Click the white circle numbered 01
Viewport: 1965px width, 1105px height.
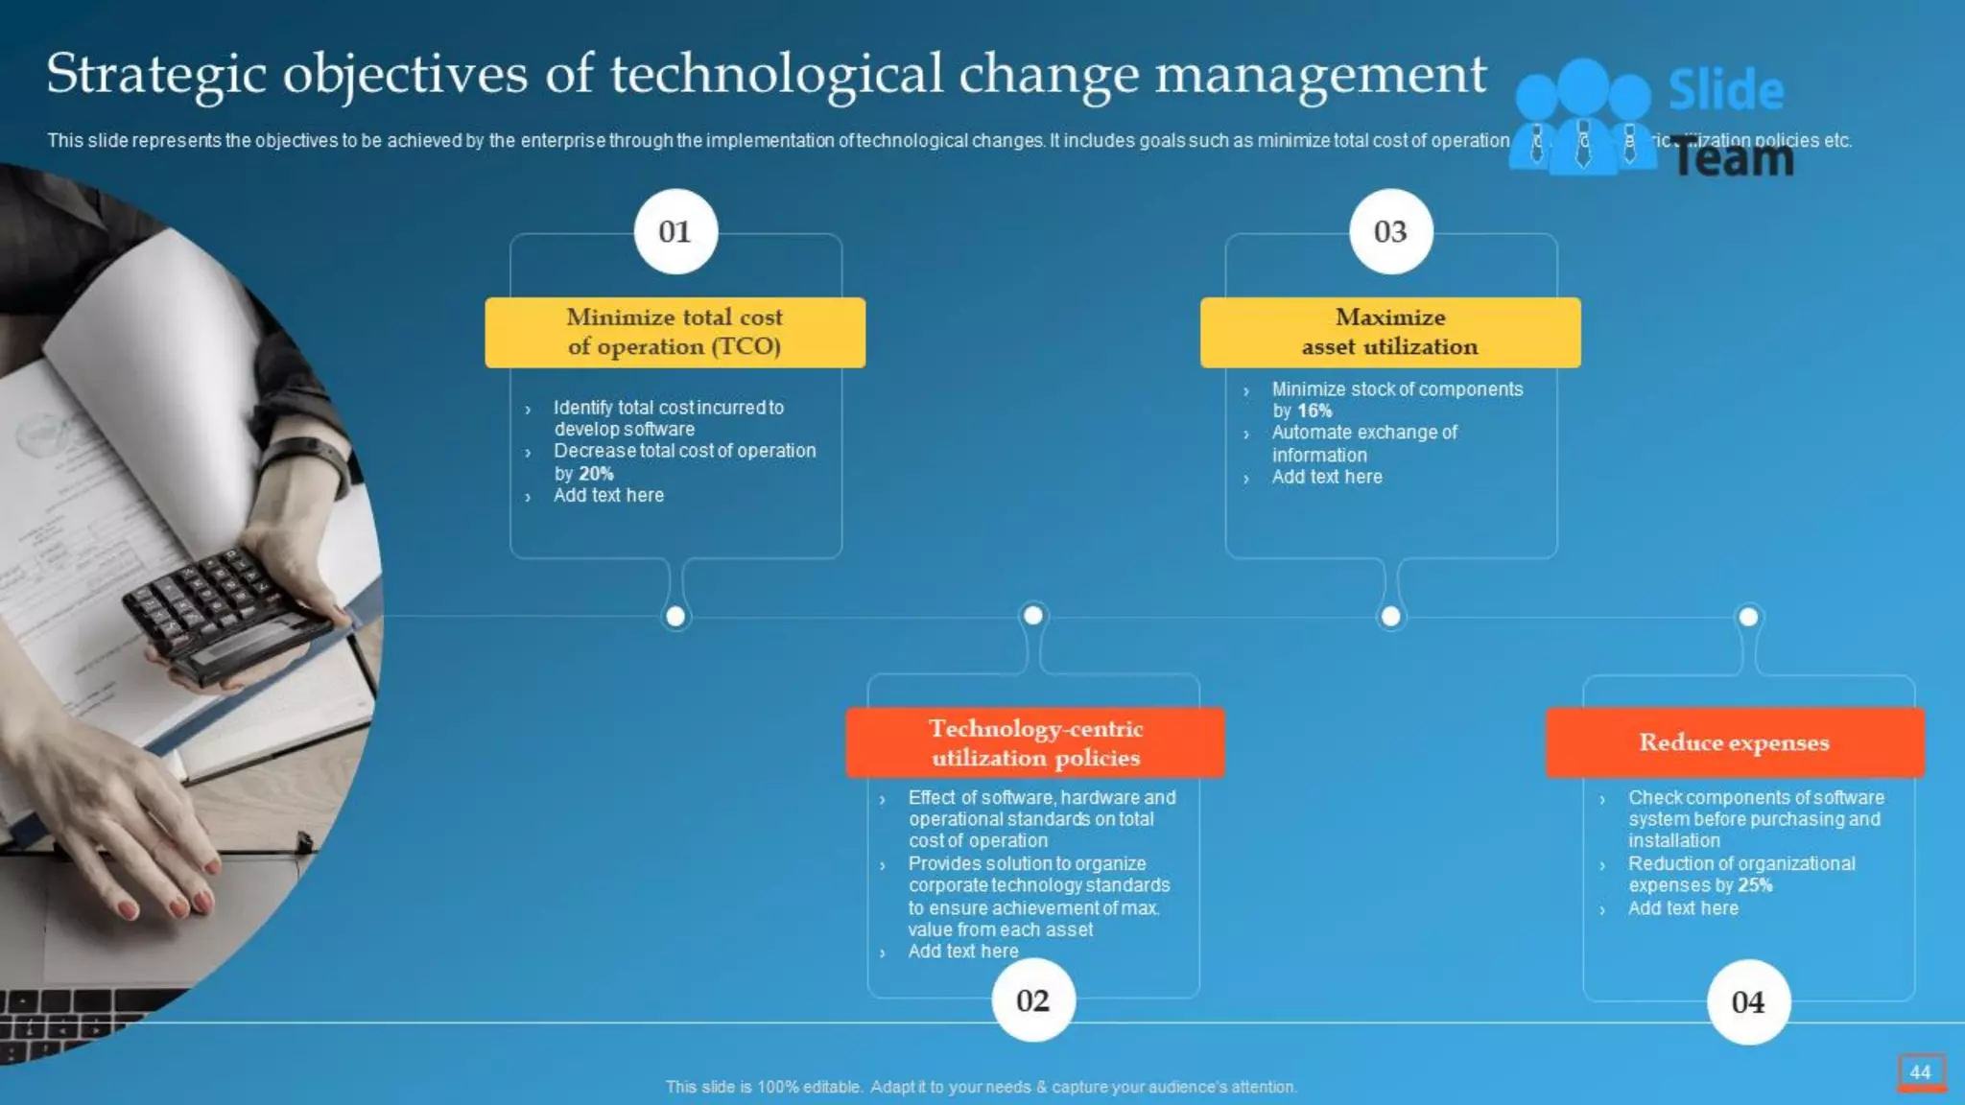(675, 231)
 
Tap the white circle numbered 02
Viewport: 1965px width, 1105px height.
(1033, 1000)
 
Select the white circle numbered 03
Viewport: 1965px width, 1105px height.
(1390, 231)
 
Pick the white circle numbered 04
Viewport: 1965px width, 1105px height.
(1748, 1001)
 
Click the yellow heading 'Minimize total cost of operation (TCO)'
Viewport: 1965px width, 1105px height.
(675, 332)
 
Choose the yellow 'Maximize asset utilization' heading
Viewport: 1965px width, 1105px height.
(1390, 332)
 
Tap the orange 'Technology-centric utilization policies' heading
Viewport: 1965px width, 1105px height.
(1035, 742)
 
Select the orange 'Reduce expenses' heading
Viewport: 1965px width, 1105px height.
(1734, 742)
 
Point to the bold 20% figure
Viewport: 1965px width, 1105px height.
(596, 474)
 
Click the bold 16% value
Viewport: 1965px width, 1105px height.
(1314, 411)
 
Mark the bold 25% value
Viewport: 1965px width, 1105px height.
(1755, 885)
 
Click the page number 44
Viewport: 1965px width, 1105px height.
(1921, 1072)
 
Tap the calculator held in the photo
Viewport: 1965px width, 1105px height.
(225, 614)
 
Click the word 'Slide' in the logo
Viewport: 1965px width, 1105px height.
(1726, 90)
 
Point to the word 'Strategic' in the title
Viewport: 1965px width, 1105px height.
(155, 75)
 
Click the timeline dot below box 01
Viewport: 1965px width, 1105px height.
(675, 617)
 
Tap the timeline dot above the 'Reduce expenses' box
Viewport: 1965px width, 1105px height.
(1748, 617)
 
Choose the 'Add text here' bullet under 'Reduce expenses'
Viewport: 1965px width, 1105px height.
(1683, 908)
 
